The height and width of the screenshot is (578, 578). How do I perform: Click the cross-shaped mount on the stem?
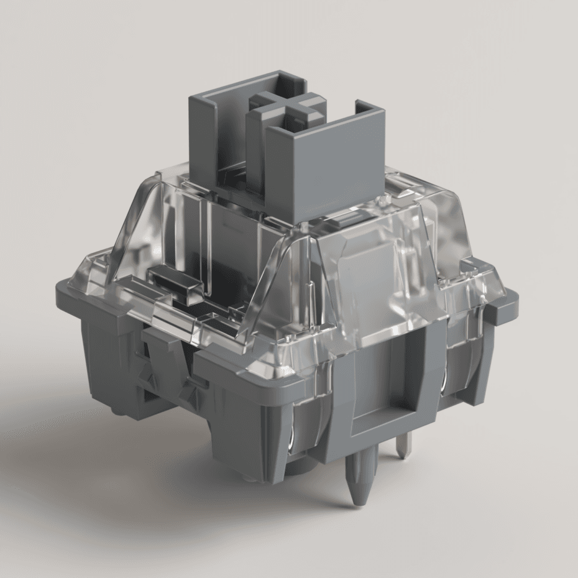click(x=287, y=112)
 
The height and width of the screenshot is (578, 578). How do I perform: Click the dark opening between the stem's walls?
click(x=233, y=177)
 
